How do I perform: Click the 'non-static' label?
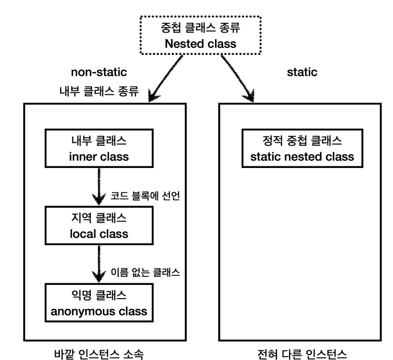point(99,72)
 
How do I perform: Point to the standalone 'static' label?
point(302,72)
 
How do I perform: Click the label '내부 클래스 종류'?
point(99,91)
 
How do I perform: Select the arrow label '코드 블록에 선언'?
point(145,196)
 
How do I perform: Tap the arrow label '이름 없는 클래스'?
point(145,272)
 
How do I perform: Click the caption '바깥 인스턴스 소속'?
point(99,354)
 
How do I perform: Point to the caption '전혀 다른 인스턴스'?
point(302,354)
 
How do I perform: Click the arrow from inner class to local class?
point(99,187)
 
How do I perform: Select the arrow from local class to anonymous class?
point(99,264)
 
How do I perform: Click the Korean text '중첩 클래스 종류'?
point(200,28)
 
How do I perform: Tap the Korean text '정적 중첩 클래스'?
point(302,140)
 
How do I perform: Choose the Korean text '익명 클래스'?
point(99,295)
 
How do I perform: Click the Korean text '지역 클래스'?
point(99,218)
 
